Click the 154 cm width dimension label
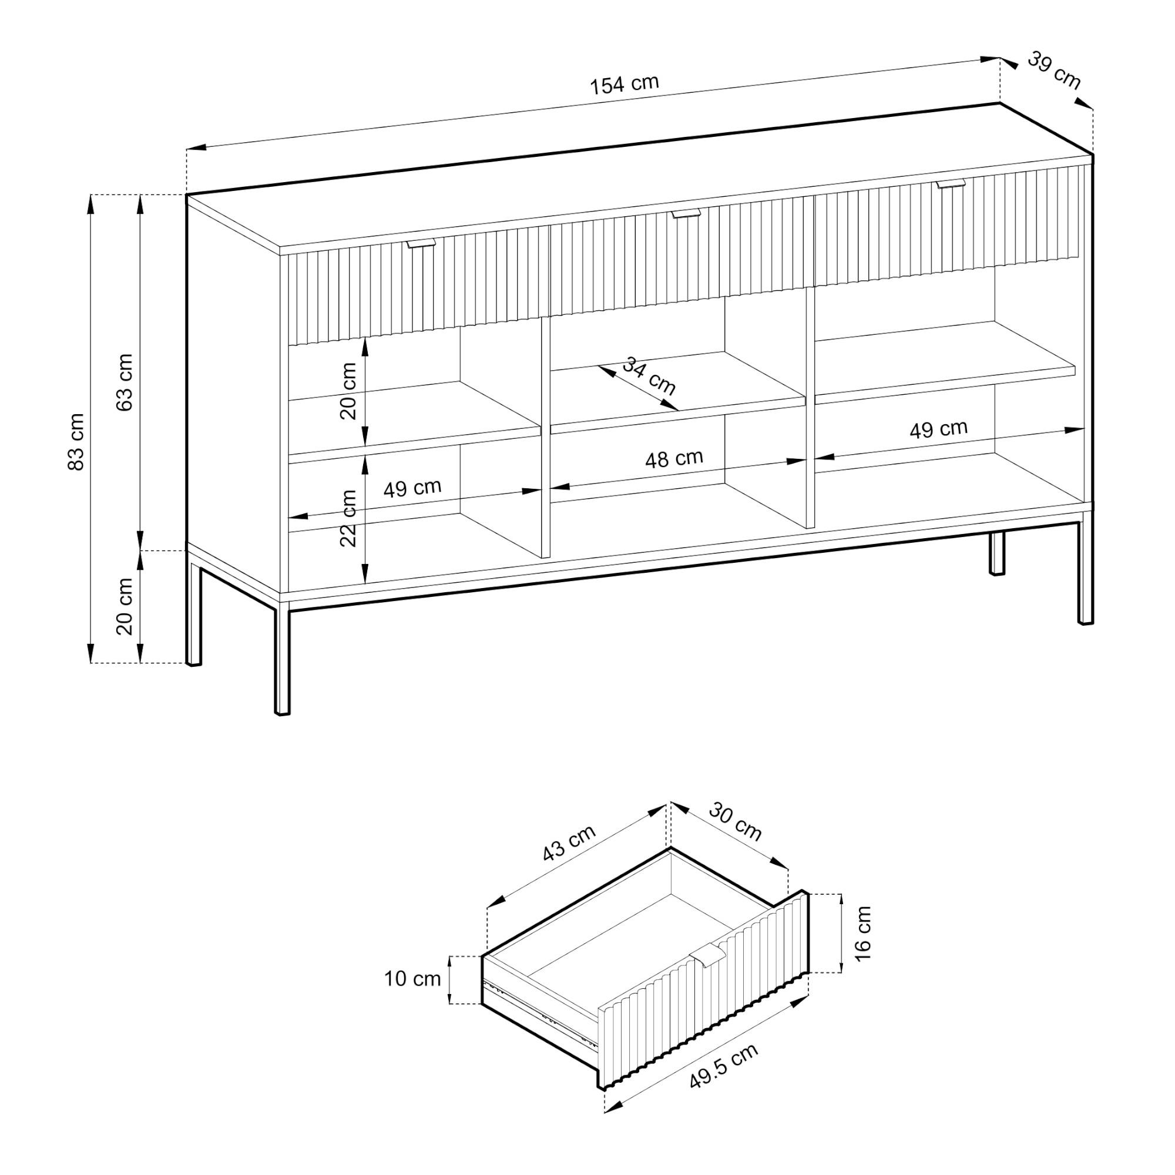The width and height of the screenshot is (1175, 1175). tap(624, 84)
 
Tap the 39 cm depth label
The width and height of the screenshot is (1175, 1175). tap(1054, 70)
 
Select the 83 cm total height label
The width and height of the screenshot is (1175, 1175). tap(76, 442)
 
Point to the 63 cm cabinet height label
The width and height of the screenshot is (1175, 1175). tap(125, 382)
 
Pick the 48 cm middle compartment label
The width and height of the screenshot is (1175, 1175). tap(674, 459)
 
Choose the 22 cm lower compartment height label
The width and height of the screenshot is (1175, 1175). tap(348, 518)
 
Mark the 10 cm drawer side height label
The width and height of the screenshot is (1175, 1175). tap(412, 979)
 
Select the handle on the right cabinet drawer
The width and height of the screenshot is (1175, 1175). tap(951, 183)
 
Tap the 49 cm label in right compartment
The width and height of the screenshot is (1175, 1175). tap(938, 429)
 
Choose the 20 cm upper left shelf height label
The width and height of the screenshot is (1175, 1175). tap(348, 391)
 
